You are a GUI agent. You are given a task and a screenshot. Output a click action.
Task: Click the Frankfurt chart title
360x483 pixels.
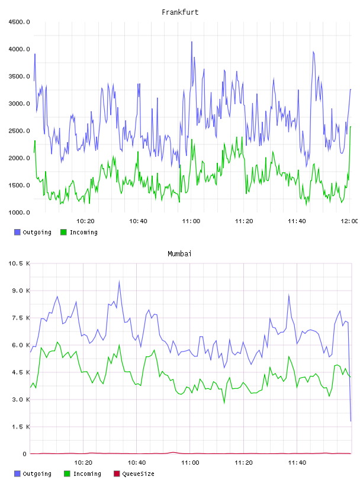[x=180, y=12]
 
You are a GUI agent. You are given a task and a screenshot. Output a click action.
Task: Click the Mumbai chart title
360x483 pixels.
[x=179, y=254]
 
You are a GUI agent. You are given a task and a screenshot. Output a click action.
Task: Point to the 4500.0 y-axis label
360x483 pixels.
[x=19, y=22]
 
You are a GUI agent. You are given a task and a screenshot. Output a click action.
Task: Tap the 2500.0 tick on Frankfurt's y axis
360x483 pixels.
[x=19, y=131]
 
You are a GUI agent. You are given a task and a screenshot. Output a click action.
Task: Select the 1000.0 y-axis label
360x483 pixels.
[x=19, y=212]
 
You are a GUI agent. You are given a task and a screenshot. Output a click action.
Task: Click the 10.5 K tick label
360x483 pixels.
[x=19, y=263]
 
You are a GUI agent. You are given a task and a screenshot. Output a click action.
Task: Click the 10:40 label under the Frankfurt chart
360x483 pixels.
[x=138, y=221]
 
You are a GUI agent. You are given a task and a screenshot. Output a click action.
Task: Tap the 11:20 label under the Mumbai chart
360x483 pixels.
[x=243, y=462]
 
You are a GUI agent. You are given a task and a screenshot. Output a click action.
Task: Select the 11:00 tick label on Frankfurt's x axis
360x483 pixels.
[x=191, y=221]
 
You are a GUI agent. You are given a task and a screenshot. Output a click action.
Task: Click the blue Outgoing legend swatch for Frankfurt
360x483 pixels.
[x=17, y=232]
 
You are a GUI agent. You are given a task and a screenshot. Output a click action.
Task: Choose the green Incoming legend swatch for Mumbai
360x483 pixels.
[x=67, y=474]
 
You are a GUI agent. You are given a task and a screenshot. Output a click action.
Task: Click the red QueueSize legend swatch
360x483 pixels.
[x=117, y=474]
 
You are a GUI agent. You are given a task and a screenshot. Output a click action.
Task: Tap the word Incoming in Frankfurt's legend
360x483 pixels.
[x=83, y=232]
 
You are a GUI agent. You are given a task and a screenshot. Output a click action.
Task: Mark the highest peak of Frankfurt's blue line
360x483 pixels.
[x=192, y=41]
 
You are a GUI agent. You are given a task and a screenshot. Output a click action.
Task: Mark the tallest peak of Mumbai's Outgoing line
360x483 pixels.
[x=119, y=281]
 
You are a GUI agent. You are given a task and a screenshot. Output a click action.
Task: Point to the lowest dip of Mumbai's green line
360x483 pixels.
[x=224, y=403]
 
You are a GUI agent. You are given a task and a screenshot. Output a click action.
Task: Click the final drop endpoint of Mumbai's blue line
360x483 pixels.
[x=351, y=421]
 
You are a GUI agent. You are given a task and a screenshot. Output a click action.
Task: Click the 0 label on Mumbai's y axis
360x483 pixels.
[x=25, y=454]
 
